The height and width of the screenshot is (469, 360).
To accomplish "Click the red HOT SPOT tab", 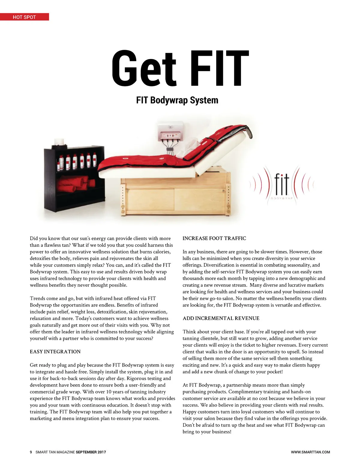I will pyautogui.click(x=24, y=17).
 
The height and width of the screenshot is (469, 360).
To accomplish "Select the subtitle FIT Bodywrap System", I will pyautogui.click(x=177, y=100).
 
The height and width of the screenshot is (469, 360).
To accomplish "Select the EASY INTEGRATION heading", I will pyautogui.click(x=55, y=352).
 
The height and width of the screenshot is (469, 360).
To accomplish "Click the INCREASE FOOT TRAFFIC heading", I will pyautogui.click(x=214, y=238).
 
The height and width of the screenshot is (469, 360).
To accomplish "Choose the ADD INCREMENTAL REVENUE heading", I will pyautogui.click(x=221, y=318).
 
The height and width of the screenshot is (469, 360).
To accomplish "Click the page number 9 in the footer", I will pyautogui.click(x=31, y=452).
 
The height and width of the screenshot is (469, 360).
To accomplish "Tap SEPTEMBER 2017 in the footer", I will pyautogui.click(x=91, y=452).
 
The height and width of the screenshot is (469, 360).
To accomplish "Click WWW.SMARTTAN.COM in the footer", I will pyautogui.click(x=310, y=452).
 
